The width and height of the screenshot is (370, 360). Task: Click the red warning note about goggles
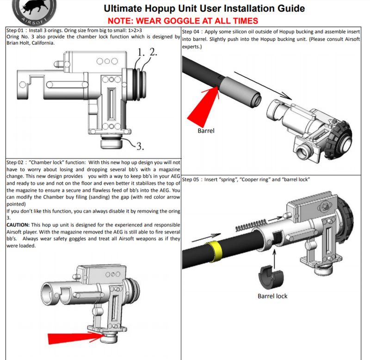tap(183, 21)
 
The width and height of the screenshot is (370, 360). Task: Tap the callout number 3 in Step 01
tap(141, 147)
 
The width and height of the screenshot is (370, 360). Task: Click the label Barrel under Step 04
tap(206, 131)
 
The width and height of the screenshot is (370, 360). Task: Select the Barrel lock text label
tap(272, 296)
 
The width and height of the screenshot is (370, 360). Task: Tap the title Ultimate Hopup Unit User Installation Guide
tap(204, 8)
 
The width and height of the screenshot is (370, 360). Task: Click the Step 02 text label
tap(16, 162)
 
